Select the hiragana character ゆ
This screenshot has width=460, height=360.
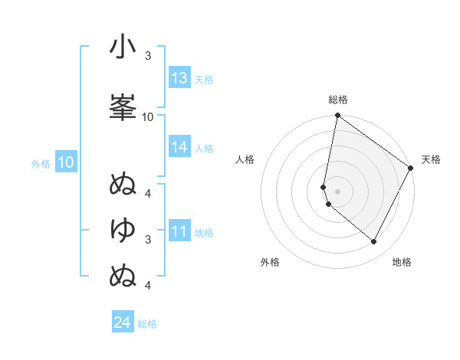[123, 229]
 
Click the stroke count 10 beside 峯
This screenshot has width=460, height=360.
[148, 117]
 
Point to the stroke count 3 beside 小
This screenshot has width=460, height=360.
[148, 57]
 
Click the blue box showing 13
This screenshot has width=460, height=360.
[179, 78]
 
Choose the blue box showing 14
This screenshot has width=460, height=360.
[179, 148]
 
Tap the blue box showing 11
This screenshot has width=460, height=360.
[179, 231]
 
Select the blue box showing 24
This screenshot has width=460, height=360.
[123, 322]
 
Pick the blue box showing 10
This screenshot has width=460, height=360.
[66, 162]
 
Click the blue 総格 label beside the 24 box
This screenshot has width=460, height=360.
[148, 324]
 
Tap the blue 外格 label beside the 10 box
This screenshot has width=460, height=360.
[41, 163]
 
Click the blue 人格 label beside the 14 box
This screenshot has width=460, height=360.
[204, 149]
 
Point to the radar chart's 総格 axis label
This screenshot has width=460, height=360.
[338, 100]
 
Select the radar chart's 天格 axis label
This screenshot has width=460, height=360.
[431, 159]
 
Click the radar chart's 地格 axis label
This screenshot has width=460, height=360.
[402, 262]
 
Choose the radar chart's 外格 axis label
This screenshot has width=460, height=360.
[270, 262]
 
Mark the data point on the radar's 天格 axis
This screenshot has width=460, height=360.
[411, 169]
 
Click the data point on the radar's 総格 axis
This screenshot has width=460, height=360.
[337, 116]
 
